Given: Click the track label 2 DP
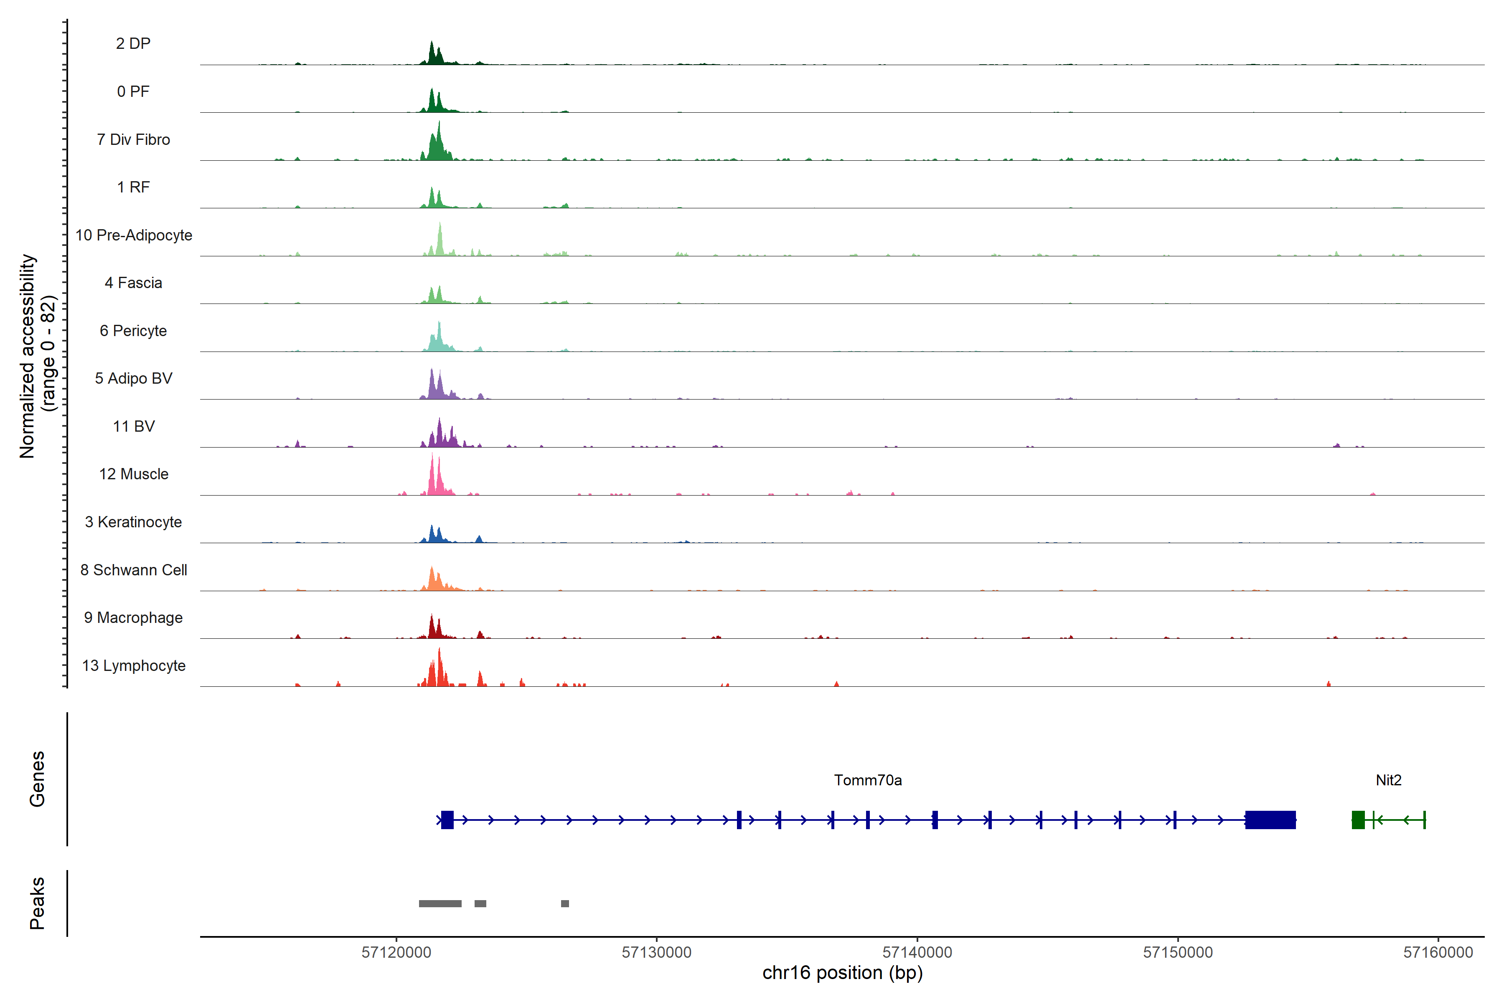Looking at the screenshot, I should [x=133, y=43].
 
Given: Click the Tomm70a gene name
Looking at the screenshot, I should [x=868, y=780].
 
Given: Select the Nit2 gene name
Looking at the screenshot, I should [x=1388, y=780].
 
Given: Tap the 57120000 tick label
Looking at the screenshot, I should [x=396, y=952].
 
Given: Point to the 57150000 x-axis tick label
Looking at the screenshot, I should [x=1178, y=952].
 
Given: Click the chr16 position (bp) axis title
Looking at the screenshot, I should [x=842, y=973].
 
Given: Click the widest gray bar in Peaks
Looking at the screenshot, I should [x=440, y=903].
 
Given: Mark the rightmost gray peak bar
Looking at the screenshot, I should [x=565, y=903].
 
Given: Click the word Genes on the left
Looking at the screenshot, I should [x=37, y=779].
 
